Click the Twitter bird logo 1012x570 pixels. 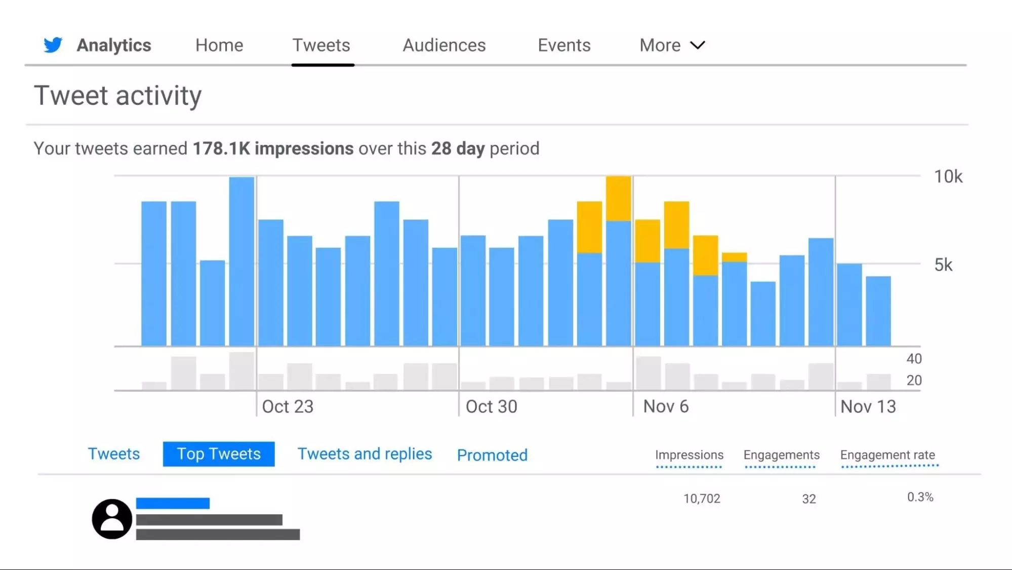[53, 45]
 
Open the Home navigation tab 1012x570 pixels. [219, 45]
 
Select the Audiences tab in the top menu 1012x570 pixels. [444, 45]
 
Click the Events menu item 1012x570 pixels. [564, 45]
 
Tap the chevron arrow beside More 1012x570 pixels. [698, 45]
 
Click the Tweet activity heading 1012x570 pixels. [117, 96]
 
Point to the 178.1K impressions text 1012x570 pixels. [273, 148]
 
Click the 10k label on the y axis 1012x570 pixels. [948, 177]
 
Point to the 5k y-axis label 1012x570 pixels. [943, 264]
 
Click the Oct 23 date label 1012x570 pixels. [288, 406]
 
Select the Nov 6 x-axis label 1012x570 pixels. [666, 406]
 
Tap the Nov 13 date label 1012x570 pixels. [868, 406]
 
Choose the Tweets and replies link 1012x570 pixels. [365, 454]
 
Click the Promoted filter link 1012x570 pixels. [492, 455]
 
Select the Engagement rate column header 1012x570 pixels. [887, 455]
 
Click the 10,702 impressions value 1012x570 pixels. [702, 499]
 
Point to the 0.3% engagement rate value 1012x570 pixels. [920, 497]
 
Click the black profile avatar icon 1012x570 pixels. [112, 519]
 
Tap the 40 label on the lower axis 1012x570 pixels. [914, 359]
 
